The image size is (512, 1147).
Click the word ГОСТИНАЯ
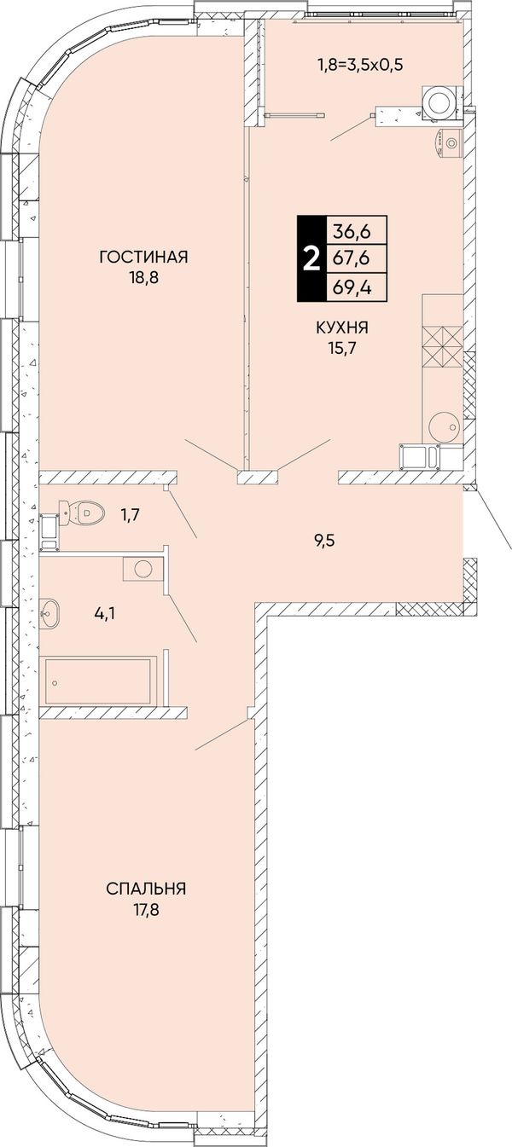[144, 257]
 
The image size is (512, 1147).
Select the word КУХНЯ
[343, 327]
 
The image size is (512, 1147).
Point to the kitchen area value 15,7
[343, 350]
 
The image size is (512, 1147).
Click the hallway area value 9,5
[324, 540]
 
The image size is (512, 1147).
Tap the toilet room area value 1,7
[129, 513]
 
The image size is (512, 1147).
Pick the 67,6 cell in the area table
[352, 258]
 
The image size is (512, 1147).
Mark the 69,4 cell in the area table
[352, 287]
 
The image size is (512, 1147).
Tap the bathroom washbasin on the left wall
[50, 612]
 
